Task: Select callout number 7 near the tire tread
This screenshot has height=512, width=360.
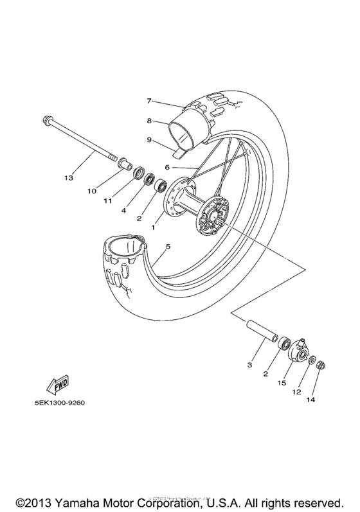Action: pyautogui.click(x=148, y=101)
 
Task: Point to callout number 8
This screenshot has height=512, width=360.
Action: pyautogui.click(x=148, y=120)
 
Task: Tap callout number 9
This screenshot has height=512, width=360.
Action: pyautogui.click(x=148, y=139)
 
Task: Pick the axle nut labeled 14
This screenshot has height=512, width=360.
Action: pyautogui.click(x=320, y=365)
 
